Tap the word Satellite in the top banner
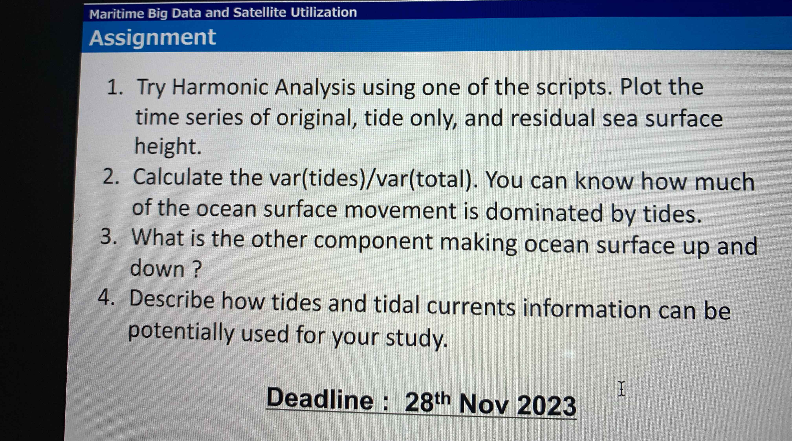(x=259, y=13)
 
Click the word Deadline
(x=320, y=399)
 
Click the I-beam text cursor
(x=621, y=389)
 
